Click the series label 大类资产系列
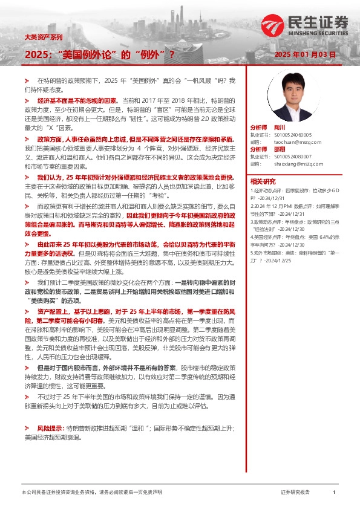click(43, 37)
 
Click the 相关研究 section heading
click(264, 181)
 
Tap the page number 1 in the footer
click(333, 493)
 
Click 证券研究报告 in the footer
click(295, 493)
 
